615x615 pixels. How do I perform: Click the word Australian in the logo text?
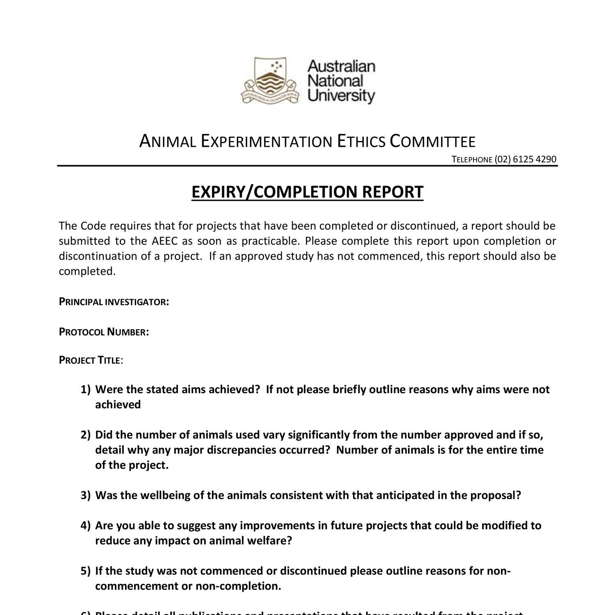click(341, 66)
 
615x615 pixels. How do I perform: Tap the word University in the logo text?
click(341, 96)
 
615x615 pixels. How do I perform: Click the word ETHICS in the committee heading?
click(361, 141)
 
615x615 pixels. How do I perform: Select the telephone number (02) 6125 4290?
click(526, 159)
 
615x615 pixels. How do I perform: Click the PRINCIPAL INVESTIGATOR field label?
click(114, 302)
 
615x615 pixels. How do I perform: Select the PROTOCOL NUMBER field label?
click(104, 332)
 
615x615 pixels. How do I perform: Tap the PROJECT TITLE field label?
click(91, 360)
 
